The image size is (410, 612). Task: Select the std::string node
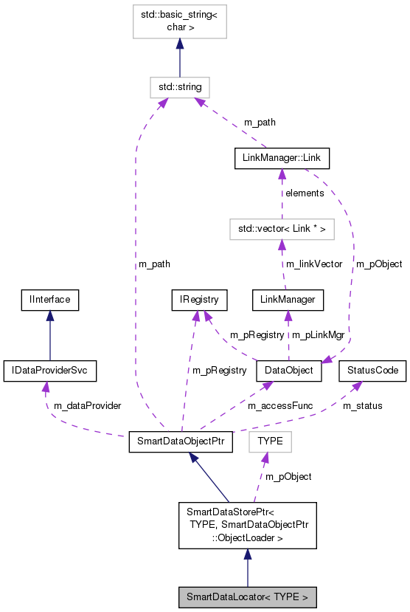(179, 87)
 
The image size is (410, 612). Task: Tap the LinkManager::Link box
(282, 158)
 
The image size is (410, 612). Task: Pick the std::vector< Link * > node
(280, 230)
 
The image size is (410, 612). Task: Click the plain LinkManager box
(288, 299)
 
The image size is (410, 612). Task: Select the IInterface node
(49, 299)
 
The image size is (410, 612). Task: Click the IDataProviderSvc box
(49, 370)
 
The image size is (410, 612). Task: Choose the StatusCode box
(372, 370)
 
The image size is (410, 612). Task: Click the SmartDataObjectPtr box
(181, 441)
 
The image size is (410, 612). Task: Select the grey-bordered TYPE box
(271, 441)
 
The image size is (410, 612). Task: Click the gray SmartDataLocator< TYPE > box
(247, 596)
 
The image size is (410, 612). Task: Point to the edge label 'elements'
(305, 193)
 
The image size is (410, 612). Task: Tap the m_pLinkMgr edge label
(319, 334)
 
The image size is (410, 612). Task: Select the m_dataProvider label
(83, 405)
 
